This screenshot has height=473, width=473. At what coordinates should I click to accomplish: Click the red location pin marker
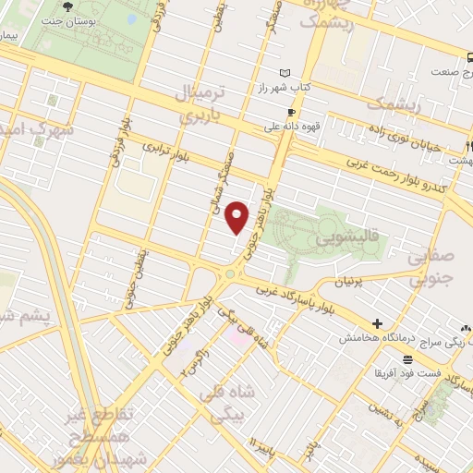[x=238, y=217]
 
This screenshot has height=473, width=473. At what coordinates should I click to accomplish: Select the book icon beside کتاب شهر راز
[x=285, y=73]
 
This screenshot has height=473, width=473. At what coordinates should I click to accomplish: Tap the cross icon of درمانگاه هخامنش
[x=377, y=323]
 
